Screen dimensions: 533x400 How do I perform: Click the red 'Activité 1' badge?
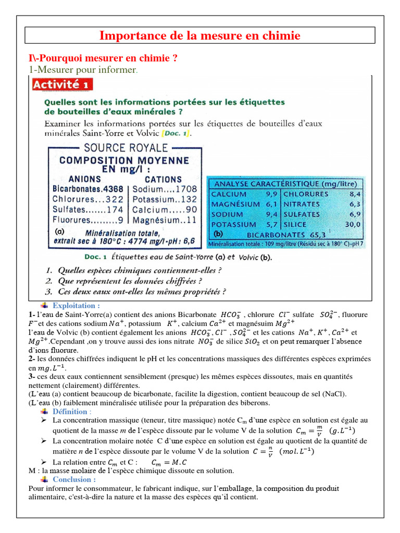click(x=63, y=84)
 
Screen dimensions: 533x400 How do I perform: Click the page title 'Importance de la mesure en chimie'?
click(x=200, y=35)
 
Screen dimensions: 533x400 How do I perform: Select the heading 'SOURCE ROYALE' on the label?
click(x=124, y=147)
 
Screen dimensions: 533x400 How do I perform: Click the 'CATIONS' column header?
click(x=163, y=179)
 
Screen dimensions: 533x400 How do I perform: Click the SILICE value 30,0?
click(x=352, y=224)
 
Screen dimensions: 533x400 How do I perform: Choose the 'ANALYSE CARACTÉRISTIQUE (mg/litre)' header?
click(x=285, y=184)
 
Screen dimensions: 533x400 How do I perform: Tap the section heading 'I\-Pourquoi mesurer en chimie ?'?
click(x=103, y=58)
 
